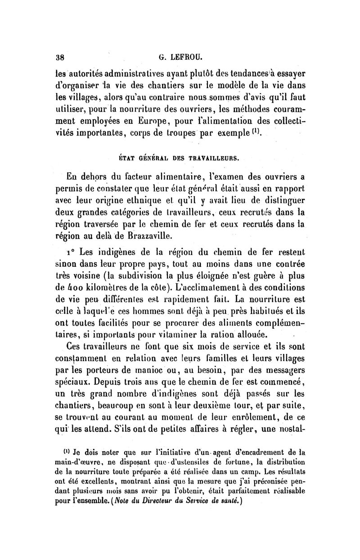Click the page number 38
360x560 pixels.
tap(58, 57)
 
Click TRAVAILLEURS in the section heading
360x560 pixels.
tap(213, 158)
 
